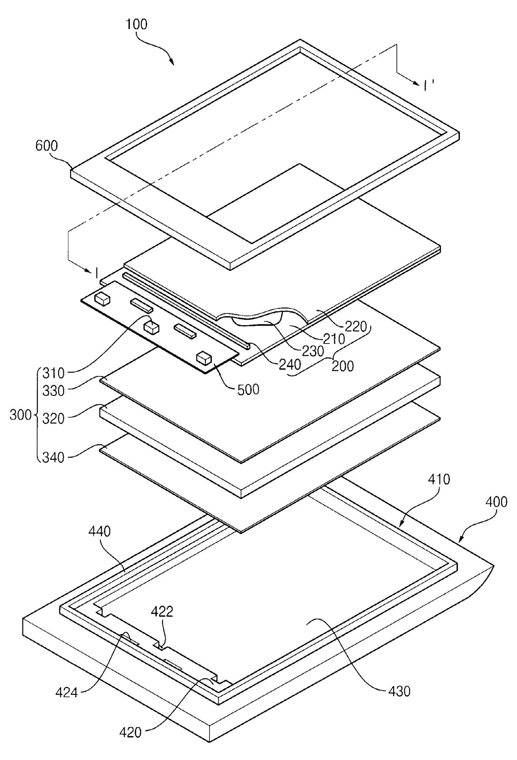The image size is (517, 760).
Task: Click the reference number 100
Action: [137, 24]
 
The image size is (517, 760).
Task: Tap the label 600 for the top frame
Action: [47, 146]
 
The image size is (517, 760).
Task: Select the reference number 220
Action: [355, 326]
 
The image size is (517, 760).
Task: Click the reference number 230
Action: [313, 351]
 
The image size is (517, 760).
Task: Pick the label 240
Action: [290, 364]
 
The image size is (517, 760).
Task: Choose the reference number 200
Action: [343, 366]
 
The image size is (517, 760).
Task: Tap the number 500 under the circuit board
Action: [248, 389]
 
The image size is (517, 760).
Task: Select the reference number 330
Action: [53, 391]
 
